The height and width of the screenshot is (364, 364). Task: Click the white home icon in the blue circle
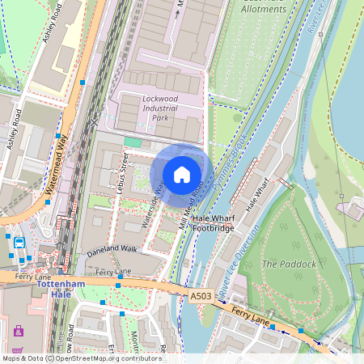tap(182, 173)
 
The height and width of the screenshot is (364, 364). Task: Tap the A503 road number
tap(202, 297)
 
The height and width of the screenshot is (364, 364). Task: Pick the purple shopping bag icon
tap(19, 331)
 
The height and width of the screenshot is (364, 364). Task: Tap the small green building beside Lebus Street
tap(132, 142)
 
